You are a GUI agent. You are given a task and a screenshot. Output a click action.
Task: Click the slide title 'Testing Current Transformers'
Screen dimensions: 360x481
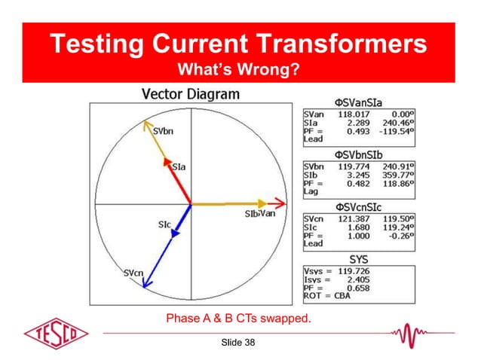tap(240, 44)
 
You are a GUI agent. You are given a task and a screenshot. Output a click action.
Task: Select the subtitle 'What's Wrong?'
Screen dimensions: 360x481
tap(240, 70)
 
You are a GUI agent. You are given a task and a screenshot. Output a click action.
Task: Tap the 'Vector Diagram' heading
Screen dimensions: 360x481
tap(191, 94)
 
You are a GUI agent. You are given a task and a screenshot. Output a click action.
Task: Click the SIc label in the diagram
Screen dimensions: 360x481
tap(164, 224)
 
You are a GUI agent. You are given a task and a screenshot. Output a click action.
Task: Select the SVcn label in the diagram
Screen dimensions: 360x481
tap(135, 273)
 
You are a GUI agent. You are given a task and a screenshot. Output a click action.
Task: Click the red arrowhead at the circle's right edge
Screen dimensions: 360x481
tap(280, 203)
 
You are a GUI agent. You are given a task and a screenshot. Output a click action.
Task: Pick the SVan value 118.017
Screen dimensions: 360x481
tap(350, 114)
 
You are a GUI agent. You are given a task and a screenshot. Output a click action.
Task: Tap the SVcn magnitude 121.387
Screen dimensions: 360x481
tap(350, 218)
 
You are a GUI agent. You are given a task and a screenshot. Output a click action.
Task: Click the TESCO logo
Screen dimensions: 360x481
tap(56, 333)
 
